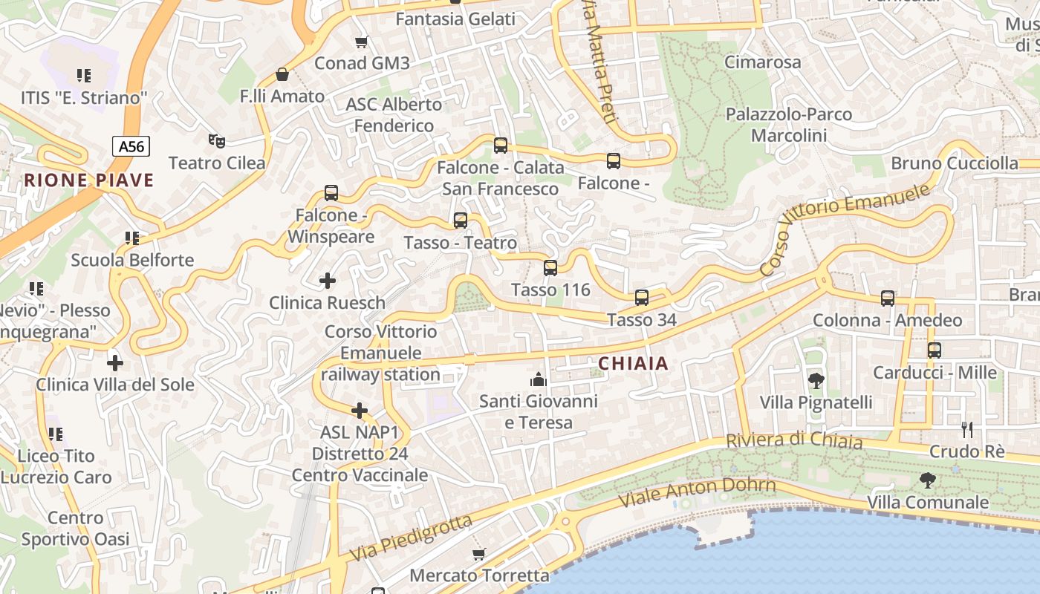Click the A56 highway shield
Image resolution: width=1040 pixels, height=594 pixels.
131,146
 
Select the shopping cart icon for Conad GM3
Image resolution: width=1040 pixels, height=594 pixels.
362,42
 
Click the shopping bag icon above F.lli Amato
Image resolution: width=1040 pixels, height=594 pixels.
282,74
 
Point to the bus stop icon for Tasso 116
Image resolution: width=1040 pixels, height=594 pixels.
550,268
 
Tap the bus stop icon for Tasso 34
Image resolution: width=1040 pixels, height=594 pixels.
642,298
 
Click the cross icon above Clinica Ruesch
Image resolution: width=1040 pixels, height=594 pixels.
327,281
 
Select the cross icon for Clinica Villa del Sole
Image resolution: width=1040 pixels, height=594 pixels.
115,363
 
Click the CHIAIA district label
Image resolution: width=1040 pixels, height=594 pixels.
633,364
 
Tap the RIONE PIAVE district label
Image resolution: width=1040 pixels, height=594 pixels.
89,180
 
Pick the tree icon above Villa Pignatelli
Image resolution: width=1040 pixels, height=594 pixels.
816,381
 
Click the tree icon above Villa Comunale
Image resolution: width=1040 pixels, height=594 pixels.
928,480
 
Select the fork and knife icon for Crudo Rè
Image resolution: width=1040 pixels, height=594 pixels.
966,430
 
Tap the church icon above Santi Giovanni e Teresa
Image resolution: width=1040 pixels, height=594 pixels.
539,380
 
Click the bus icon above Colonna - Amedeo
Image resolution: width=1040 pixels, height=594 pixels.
888,298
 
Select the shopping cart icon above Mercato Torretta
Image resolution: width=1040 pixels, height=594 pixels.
479,554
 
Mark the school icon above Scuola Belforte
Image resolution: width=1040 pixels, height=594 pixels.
132,238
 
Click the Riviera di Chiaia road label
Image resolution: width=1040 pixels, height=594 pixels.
794,440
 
